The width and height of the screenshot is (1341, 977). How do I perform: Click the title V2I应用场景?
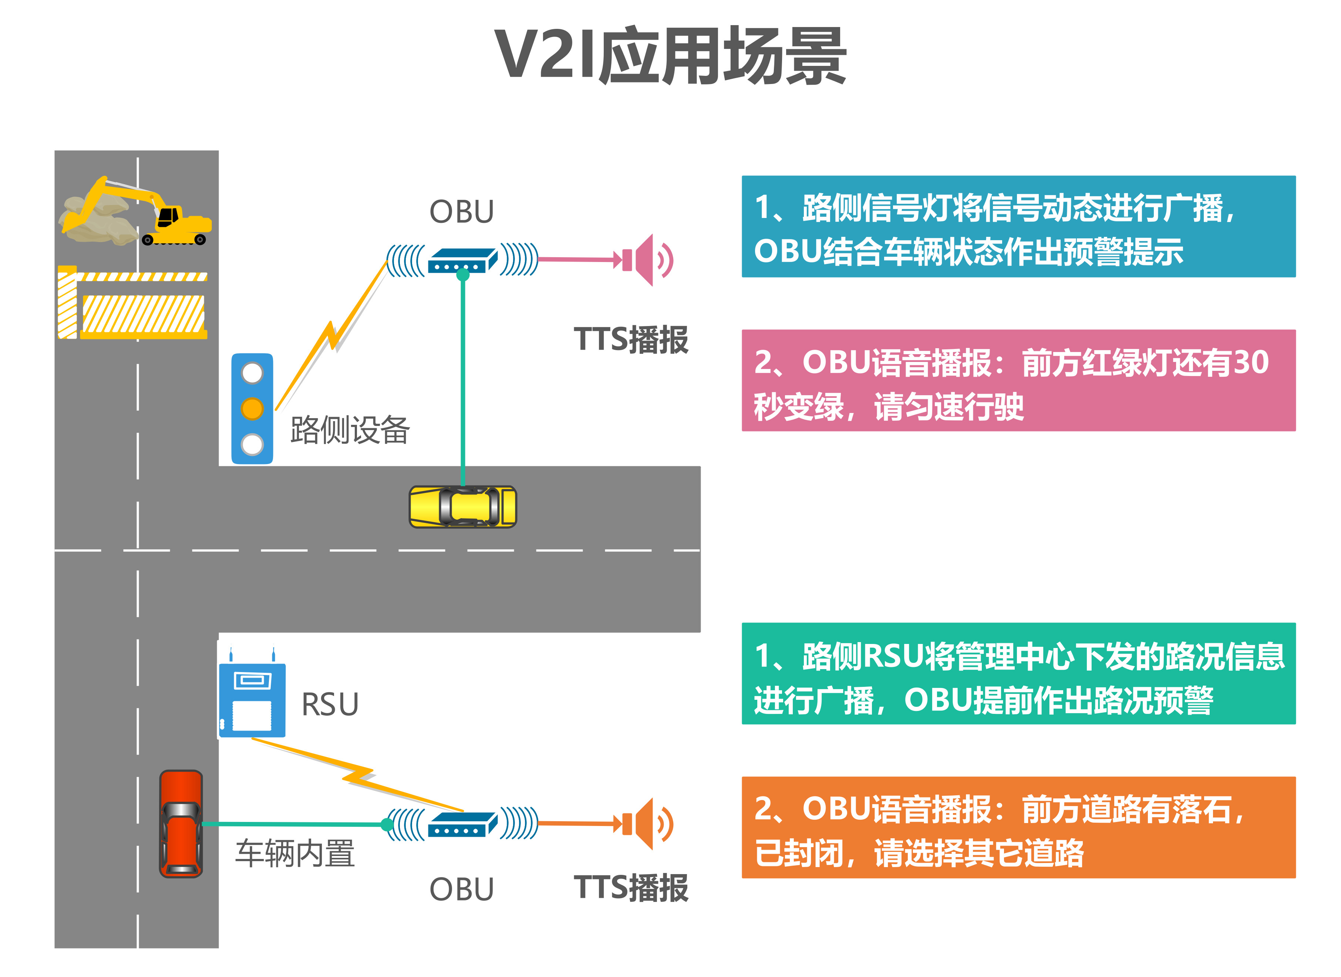670,56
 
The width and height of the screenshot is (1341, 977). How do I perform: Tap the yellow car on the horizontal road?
463,507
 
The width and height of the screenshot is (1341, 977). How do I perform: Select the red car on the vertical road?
181,823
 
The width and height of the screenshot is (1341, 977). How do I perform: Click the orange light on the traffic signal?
252,409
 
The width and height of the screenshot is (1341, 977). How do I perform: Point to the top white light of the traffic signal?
252,373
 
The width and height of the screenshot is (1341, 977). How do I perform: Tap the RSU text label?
330,704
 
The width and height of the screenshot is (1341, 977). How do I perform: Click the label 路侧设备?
350,430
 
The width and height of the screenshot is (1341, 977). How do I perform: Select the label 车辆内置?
295,853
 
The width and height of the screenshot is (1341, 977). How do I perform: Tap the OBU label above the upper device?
461,212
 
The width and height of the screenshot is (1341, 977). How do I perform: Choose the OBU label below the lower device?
461,889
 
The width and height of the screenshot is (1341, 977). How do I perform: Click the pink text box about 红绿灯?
1018,380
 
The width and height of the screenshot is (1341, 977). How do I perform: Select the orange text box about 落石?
1018,827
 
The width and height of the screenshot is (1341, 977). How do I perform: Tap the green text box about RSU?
1018,674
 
